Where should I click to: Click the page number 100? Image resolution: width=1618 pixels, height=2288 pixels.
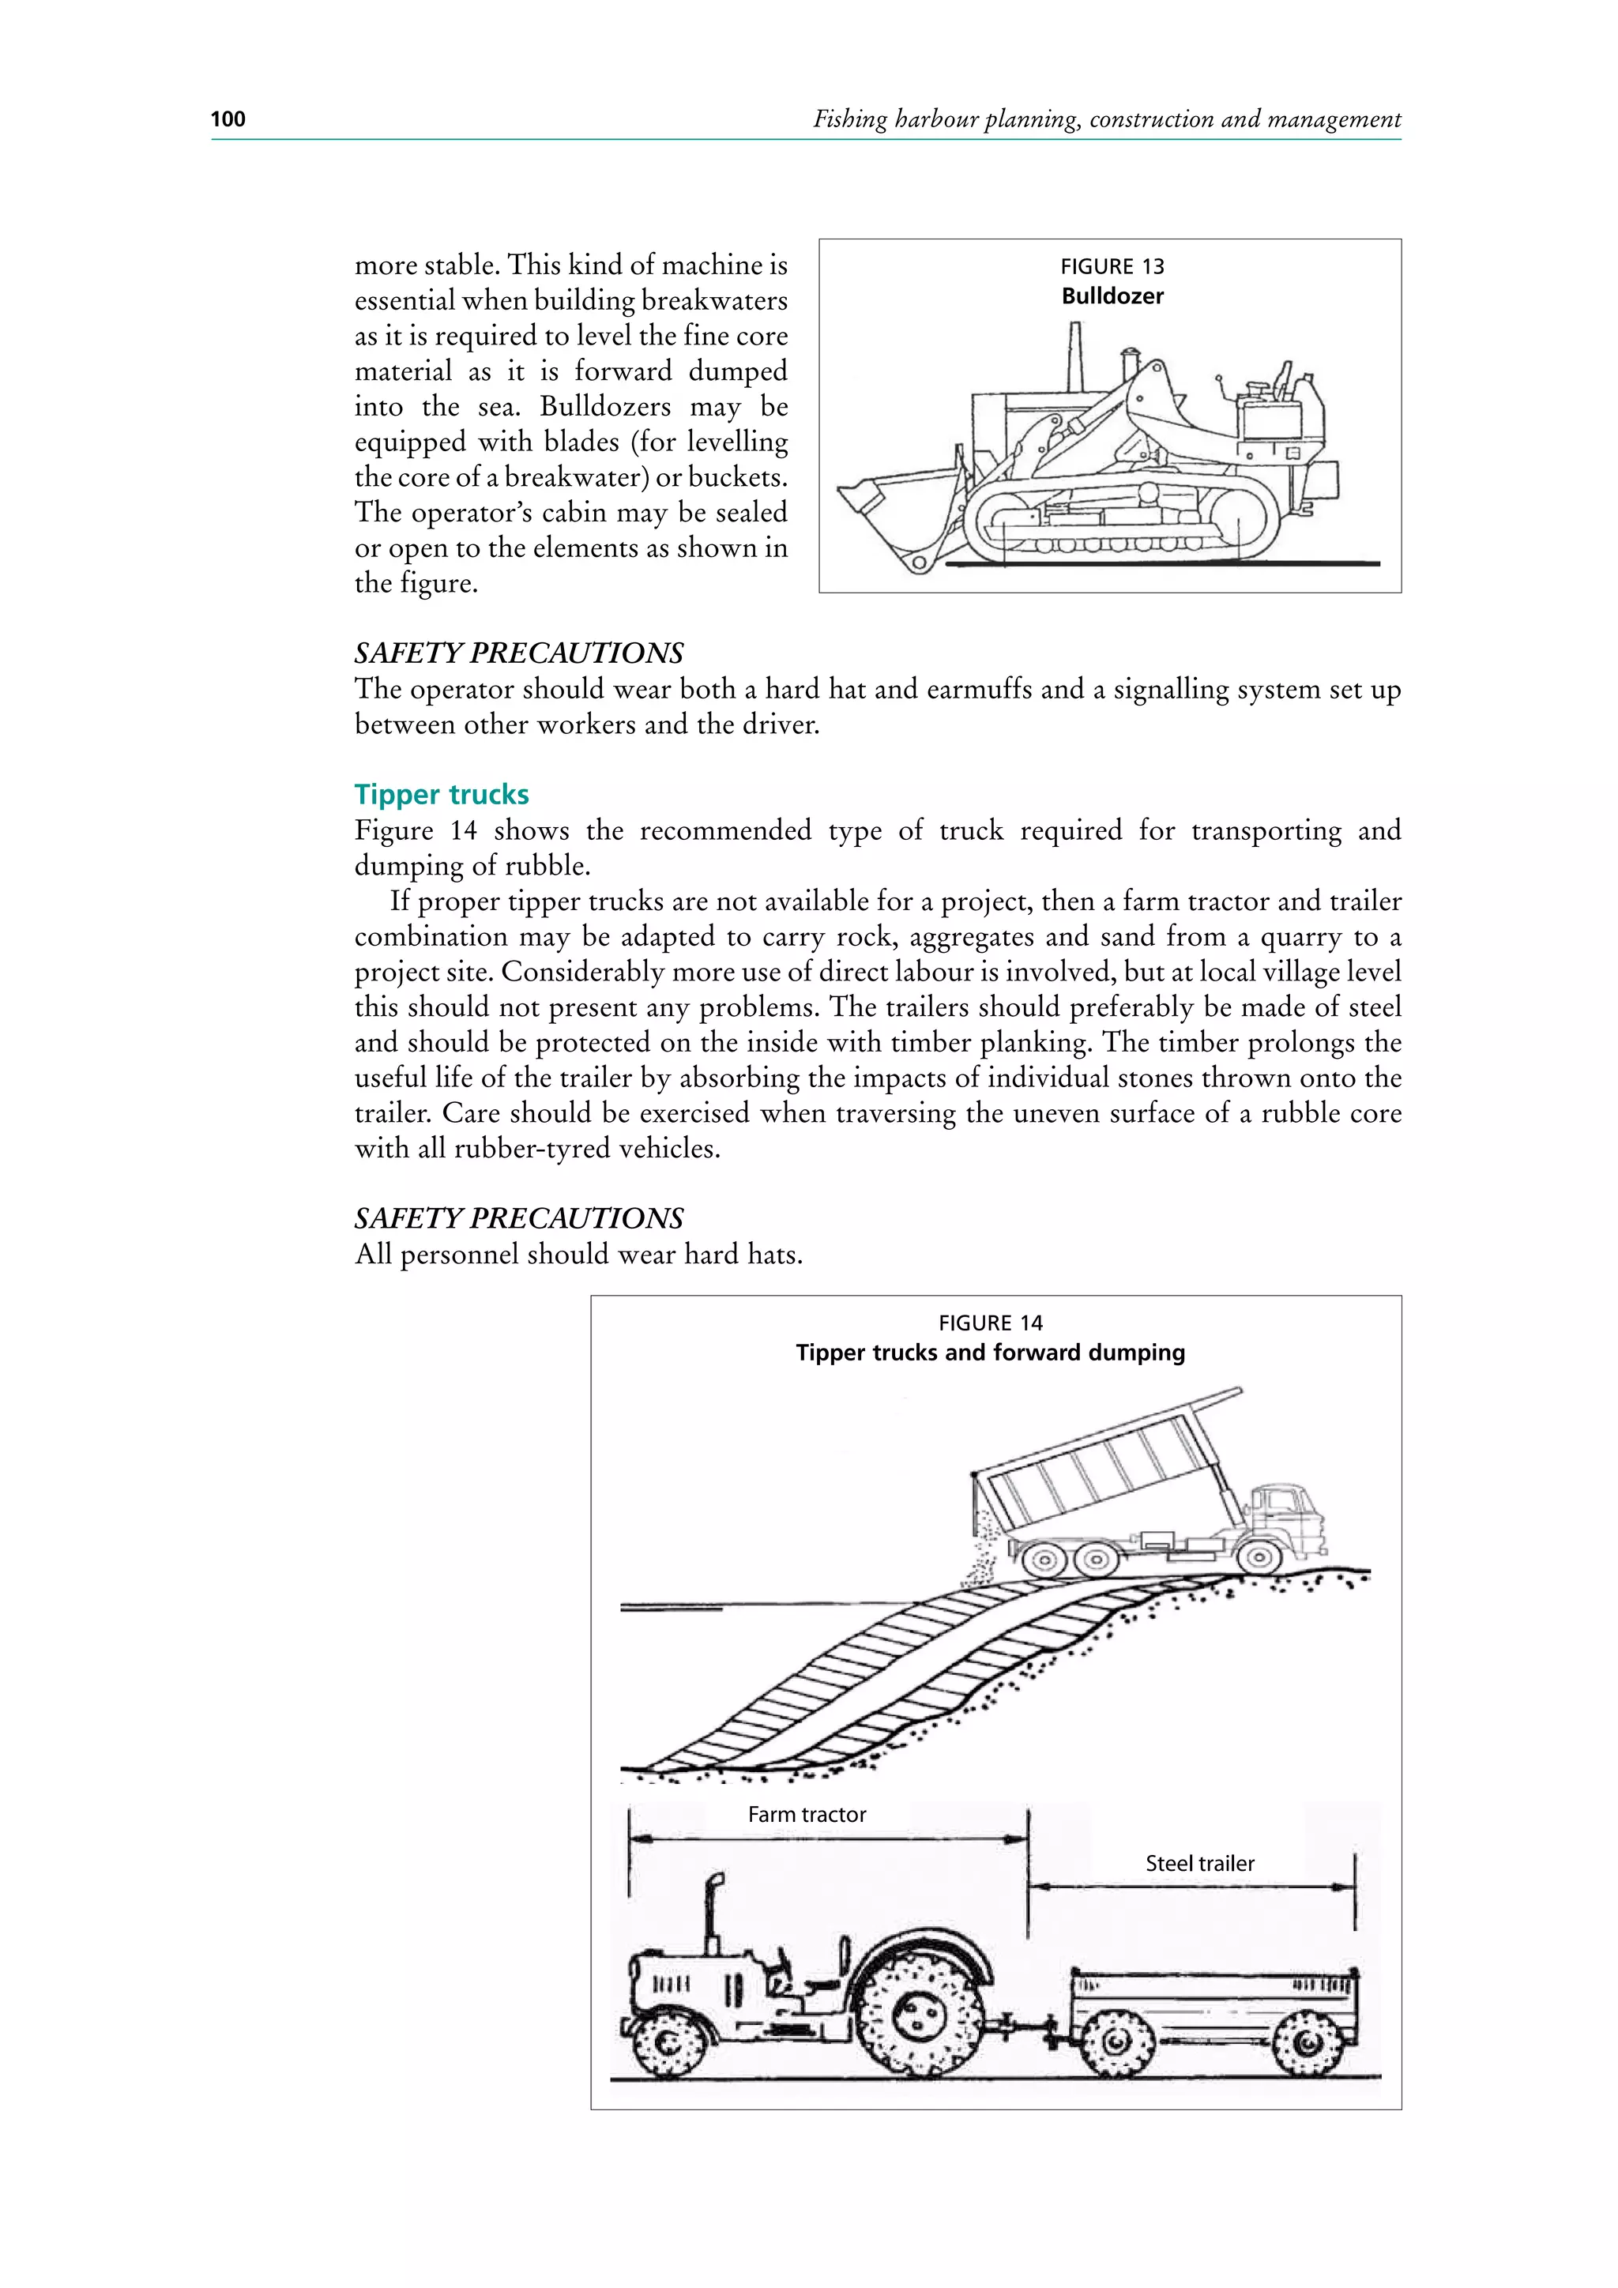228,119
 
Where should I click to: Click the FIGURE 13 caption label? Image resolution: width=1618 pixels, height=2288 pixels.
1111,266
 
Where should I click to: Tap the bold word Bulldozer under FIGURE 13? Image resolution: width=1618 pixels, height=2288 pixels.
1112,296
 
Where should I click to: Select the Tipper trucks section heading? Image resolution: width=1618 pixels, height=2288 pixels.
442,794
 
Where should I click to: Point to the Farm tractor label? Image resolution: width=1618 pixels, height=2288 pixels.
806,1815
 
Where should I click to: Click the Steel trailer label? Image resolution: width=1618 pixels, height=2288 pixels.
1198,1864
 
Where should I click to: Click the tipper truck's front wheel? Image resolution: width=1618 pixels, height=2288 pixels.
1259,1556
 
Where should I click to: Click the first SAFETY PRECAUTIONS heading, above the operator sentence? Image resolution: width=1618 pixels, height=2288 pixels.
519,653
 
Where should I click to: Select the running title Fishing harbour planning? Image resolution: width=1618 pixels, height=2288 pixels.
1106,119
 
